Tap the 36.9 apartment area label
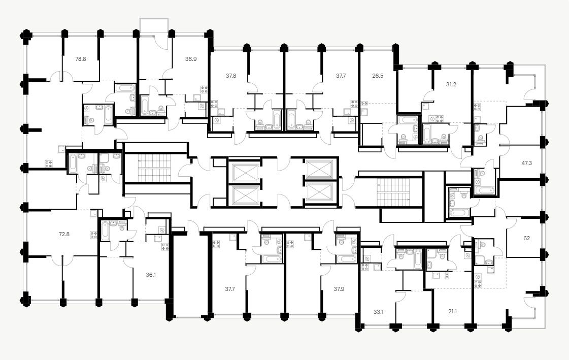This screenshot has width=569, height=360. click(x=191, y=59)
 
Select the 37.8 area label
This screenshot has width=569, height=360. click(x=230, y=75)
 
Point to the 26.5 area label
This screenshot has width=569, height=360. click(x=378, y=75)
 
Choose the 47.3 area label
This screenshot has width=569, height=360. click(x=527, y=163)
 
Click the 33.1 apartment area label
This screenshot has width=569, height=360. click(x=378, y=306)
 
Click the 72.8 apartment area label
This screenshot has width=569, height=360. click(x=64, y=234)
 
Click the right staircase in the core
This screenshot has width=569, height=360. click(x=392, y=192)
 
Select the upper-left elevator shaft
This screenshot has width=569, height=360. click(x=244, y=171)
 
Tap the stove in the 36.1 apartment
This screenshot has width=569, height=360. click(x=165, y=247)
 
